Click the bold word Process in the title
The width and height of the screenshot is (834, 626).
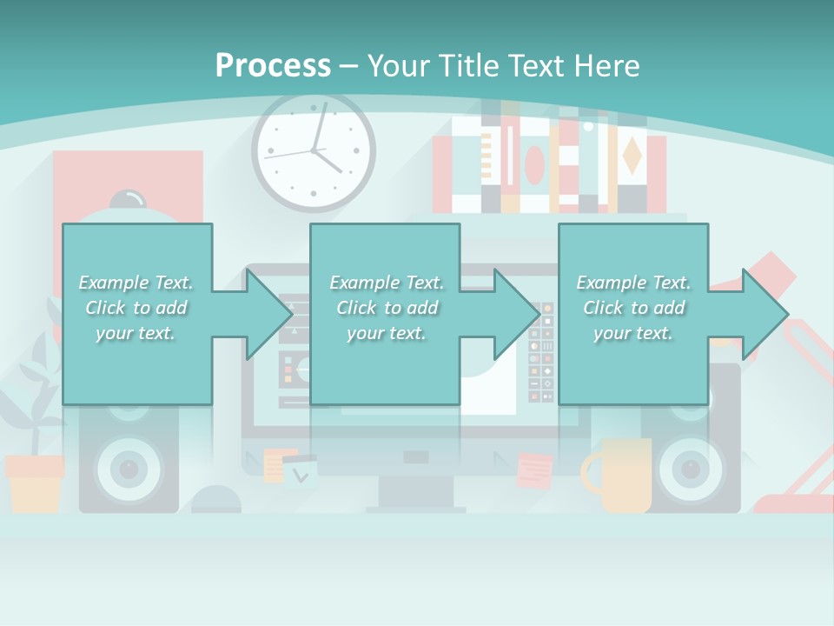[x=273, y=65]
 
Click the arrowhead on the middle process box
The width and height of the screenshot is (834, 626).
[x=516, y=314]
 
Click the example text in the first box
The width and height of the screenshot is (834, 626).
[x=136, y=308]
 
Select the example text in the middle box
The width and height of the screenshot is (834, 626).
[x=386, y=308]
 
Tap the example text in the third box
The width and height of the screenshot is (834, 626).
[x=633, y=308]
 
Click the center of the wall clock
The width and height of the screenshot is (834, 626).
[x=314, y=151]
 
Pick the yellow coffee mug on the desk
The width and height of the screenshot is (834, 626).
[x=622, y=476]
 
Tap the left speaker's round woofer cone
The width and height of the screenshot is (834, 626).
[x=129, y=469]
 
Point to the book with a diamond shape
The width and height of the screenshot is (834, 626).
[x=632, y=156]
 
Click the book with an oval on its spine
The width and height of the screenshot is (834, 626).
[x=534, y=165]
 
